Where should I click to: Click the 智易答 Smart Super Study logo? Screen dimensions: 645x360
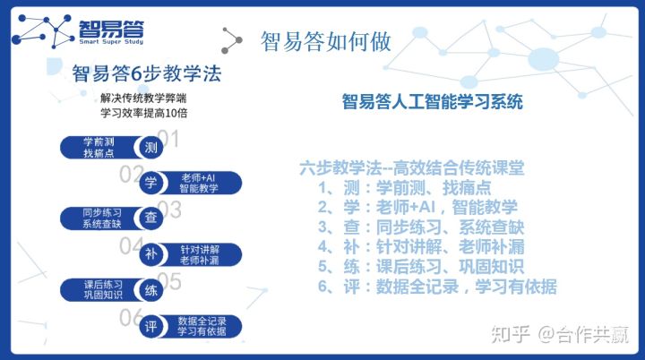78,31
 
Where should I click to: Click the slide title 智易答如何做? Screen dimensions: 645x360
325,41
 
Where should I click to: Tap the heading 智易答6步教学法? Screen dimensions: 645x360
147,74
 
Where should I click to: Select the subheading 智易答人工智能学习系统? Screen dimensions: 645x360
432,101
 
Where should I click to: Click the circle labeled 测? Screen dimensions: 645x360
150,147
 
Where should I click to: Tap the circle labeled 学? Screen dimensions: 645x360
150,183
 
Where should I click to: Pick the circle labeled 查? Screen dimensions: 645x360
150,218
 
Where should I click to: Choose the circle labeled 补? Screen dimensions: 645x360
150,254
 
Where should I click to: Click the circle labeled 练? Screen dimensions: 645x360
150,290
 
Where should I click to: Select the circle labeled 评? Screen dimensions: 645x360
150,327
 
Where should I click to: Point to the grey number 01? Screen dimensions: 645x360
168,138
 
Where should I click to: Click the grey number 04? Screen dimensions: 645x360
131,245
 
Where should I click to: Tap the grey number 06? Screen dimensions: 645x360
131,318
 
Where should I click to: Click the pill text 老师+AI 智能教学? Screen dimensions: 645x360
199,183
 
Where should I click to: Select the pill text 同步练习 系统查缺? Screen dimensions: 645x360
102,218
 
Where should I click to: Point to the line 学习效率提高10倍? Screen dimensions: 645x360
144,113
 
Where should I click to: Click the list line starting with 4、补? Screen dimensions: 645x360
421,247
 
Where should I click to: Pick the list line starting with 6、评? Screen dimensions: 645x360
437,287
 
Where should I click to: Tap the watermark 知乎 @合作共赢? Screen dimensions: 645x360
560,334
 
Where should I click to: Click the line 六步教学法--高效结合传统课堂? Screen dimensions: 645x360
412,167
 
